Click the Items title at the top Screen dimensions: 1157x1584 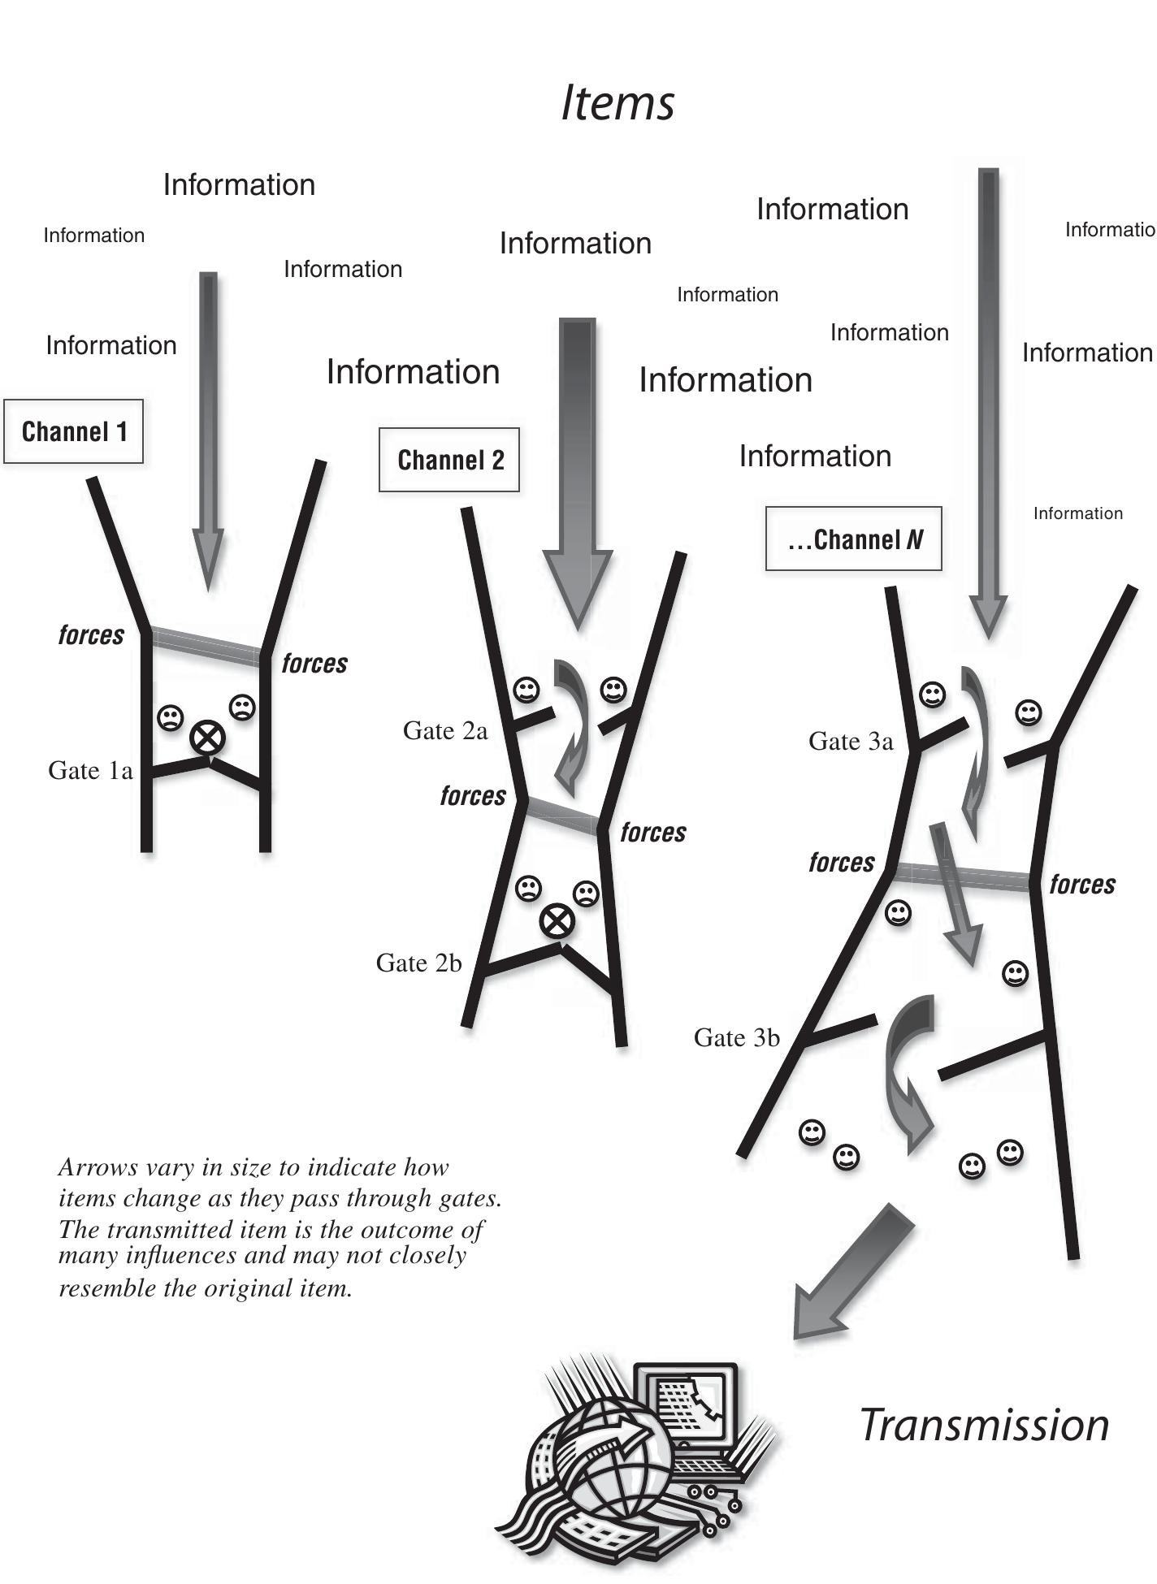point(617,103)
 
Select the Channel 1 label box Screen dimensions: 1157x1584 point(74,431)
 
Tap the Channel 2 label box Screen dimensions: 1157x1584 point(449,460)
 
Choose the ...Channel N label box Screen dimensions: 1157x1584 point(854,539)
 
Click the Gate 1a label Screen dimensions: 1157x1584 point(90,770)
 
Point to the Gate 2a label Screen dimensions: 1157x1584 point(445,731)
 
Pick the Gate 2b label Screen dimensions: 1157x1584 point(418,963)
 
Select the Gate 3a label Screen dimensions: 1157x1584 point(851,741)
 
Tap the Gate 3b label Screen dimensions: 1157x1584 point(737,1037)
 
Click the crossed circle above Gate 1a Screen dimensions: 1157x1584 point(207,739)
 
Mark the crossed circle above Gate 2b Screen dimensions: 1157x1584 point(557,921)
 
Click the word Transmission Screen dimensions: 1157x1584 point(984,1425)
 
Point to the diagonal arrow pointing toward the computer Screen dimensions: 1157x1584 point(852,1272)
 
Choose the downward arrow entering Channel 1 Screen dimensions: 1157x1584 point(208,431)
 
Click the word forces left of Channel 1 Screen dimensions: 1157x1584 point(91,634)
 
